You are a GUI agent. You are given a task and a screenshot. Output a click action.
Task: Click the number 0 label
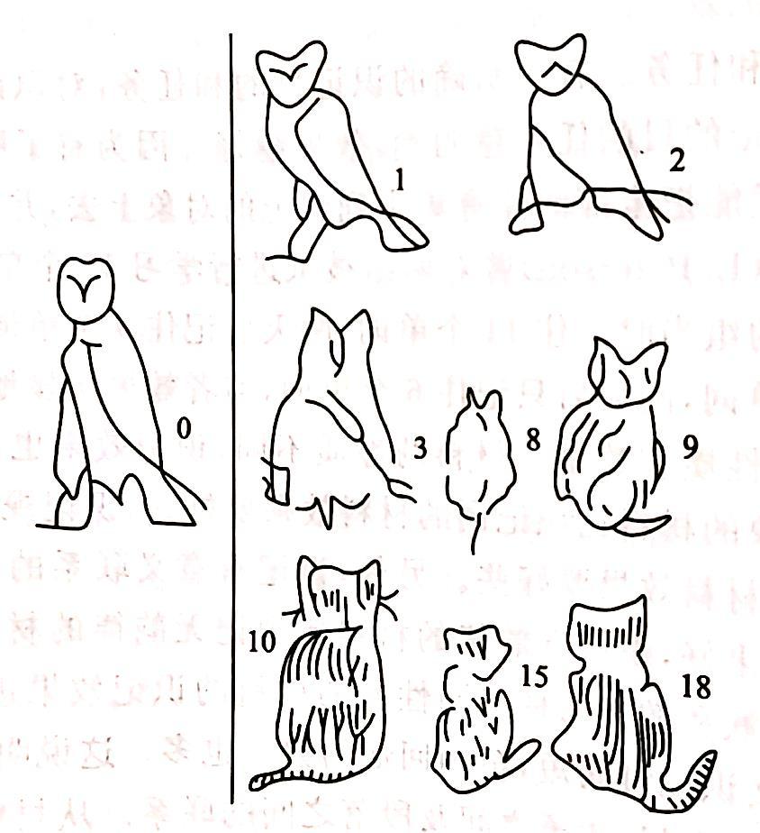[x=183, y=428]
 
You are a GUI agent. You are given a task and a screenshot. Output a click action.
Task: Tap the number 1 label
[x=400, y=179]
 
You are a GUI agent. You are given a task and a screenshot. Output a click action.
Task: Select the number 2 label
[x=676, y=160]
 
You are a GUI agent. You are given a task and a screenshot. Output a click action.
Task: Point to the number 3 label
[x=420, y=449]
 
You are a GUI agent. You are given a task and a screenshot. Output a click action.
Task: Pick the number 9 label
[x=690, y=448]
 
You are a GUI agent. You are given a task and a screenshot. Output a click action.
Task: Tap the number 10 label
[x=262, y=641]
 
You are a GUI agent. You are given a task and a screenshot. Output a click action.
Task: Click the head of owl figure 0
[x=86, y=290]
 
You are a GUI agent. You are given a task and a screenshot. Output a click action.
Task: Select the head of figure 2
[x=550, y=64]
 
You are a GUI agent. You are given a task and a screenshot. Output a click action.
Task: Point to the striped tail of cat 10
[x=271, y=778]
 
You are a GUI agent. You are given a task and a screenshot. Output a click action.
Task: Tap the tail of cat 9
[x=643, y=524]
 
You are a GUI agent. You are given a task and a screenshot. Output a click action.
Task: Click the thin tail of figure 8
[x=476, y=533]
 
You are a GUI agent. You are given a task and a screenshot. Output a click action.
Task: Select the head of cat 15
[x=477, y=653]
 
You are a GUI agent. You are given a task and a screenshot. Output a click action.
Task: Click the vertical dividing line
[x=231, y=418]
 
